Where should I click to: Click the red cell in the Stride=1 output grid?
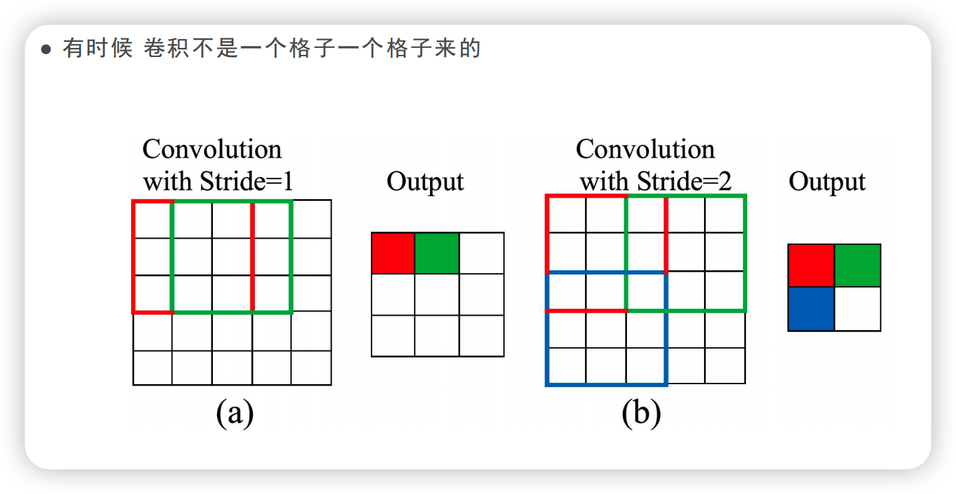point(393,253)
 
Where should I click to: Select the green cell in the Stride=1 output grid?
point(437,253)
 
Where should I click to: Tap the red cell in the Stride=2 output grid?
point(811,266)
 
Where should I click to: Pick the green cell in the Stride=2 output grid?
point(857,266)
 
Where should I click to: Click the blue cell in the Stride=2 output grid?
point(811,309)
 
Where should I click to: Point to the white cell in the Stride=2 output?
point(857,309)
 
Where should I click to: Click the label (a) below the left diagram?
point(235,413)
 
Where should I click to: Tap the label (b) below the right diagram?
point(641,413)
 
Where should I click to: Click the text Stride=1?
point(247,182)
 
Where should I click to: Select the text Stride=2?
point(683,182)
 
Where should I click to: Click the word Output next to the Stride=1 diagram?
point(425,182)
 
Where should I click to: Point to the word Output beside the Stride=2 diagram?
point(827,182)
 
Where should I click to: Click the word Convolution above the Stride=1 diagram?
point(212,150)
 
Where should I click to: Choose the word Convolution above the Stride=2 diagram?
point(646,150)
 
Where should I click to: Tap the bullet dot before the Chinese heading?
point(47,50)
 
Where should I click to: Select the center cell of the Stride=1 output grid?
point(437,295)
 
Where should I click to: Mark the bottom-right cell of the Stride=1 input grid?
point(311,368)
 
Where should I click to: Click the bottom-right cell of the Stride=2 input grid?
point(725,366)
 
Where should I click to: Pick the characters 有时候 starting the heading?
point(98,49)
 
